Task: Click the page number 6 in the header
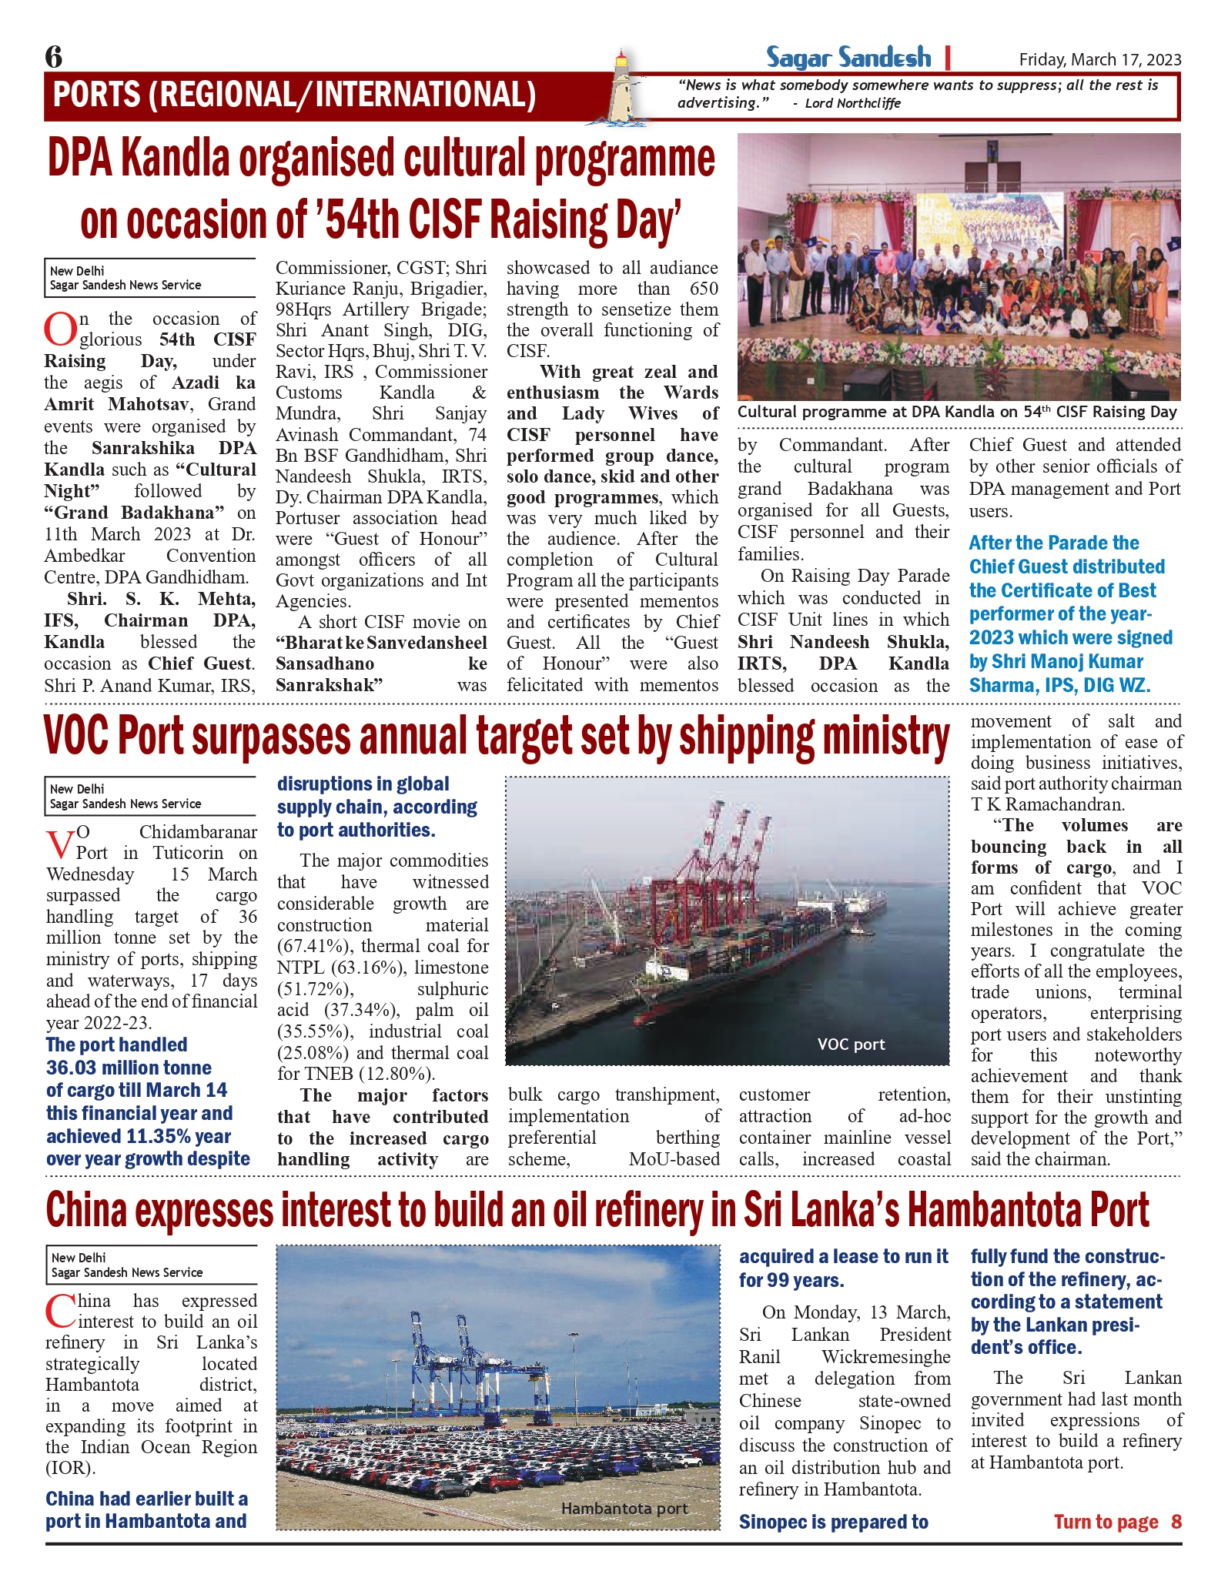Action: point(54,56)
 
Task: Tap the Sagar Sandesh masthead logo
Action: point(848,58)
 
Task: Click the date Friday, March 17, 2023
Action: point(1099,60)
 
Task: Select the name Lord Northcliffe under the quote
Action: point(852,103)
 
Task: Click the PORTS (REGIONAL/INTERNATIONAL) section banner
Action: point(294,95)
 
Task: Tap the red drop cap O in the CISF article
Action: point(60,330)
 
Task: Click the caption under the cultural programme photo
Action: point(957,412)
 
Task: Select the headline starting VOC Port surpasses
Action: point(497,737)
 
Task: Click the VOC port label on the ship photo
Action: point(851,1045)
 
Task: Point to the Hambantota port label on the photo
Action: point(624,1509)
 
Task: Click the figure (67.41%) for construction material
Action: point(313,946)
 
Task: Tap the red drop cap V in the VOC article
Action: point(61,844)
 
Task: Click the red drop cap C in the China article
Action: point(60,1312)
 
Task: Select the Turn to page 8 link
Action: point(1117,1522)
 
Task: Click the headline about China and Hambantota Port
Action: point(597,1211)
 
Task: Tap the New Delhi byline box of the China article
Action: point(150,1265)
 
